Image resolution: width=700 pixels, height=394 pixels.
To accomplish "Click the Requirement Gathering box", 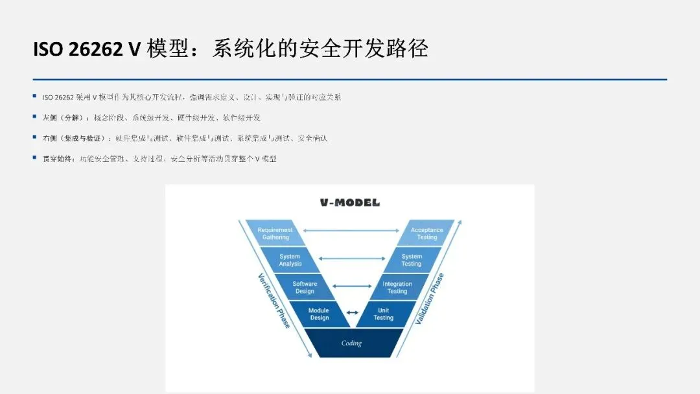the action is coord(275,233).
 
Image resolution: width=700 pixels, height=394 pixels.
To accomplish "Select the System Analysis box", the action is coord(290,260).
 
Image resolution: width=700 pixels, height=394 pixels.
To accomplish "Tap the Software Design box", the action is coord(305,287).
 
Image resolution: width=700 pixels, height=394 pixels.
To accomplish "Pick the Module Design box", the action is coord(319,314).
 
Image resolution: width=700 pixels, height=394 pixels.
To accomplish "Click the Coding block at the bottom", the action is coord(351,343).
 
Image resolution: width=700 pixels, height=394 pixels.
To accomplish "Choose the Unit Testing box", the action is coord(383,314).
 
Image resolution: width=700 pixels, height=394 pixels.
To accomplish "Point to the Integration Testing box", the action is coord(397,287).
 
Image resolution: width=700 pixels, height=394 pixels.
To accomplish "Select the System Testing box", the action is coord(412,260).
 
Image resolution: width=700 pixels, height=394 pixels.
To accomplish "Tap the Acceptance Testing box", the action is coord(426,233).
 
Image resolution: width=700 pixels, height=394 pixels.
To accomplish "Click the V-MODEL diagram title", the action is coord(350,203).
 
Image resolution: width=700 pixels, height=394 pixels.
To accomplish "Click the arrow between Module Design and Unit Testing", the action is coord(351,312).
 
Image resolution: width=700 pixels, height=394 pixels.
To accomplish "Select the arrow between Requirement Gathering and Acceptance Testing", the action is coord(351,230).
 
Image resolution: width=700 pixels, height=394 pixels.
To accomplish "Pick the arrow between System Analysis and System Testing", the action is coord(351,258).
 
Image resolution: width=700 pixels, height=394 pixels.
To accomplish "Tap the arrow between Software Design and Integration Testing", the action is coord(351,285).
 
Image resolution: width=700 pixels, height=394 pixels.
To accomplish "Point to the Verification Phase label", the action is coord(274,299).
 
